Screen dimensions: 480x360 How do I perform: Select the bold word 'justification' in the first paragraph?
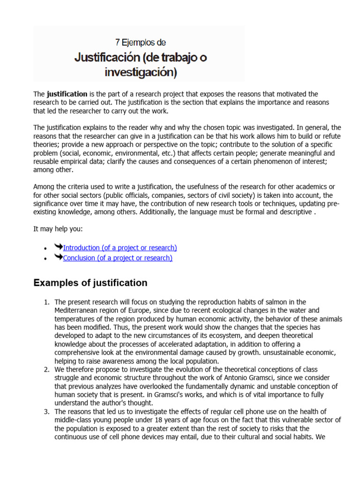[x=67, y=94]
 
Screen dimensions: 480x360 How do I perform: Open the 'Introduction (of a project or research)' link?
[x=120, y=247]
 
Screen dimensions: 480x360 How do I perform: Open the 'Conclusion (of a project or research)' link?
[x=117, y=258]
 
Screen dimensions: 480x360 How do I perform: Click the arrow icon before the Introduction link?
[x=58, y=247]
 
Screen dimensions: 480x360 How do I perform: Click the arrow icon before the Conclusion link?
[x=58, y=257]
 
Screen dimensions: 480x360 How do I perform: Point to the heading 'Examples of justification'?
[x=90, y=283]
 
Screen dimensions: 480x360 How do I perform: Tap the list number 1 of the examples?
[x=47, y=302]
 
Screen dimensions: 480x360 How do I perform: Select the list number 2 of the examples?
[x=47, y=369]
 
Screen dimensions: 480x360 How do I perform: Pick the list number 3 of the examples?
[x=47, y=412]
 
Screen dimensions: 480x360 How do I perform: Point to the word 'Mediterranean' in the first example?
[x=77, y=310]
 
